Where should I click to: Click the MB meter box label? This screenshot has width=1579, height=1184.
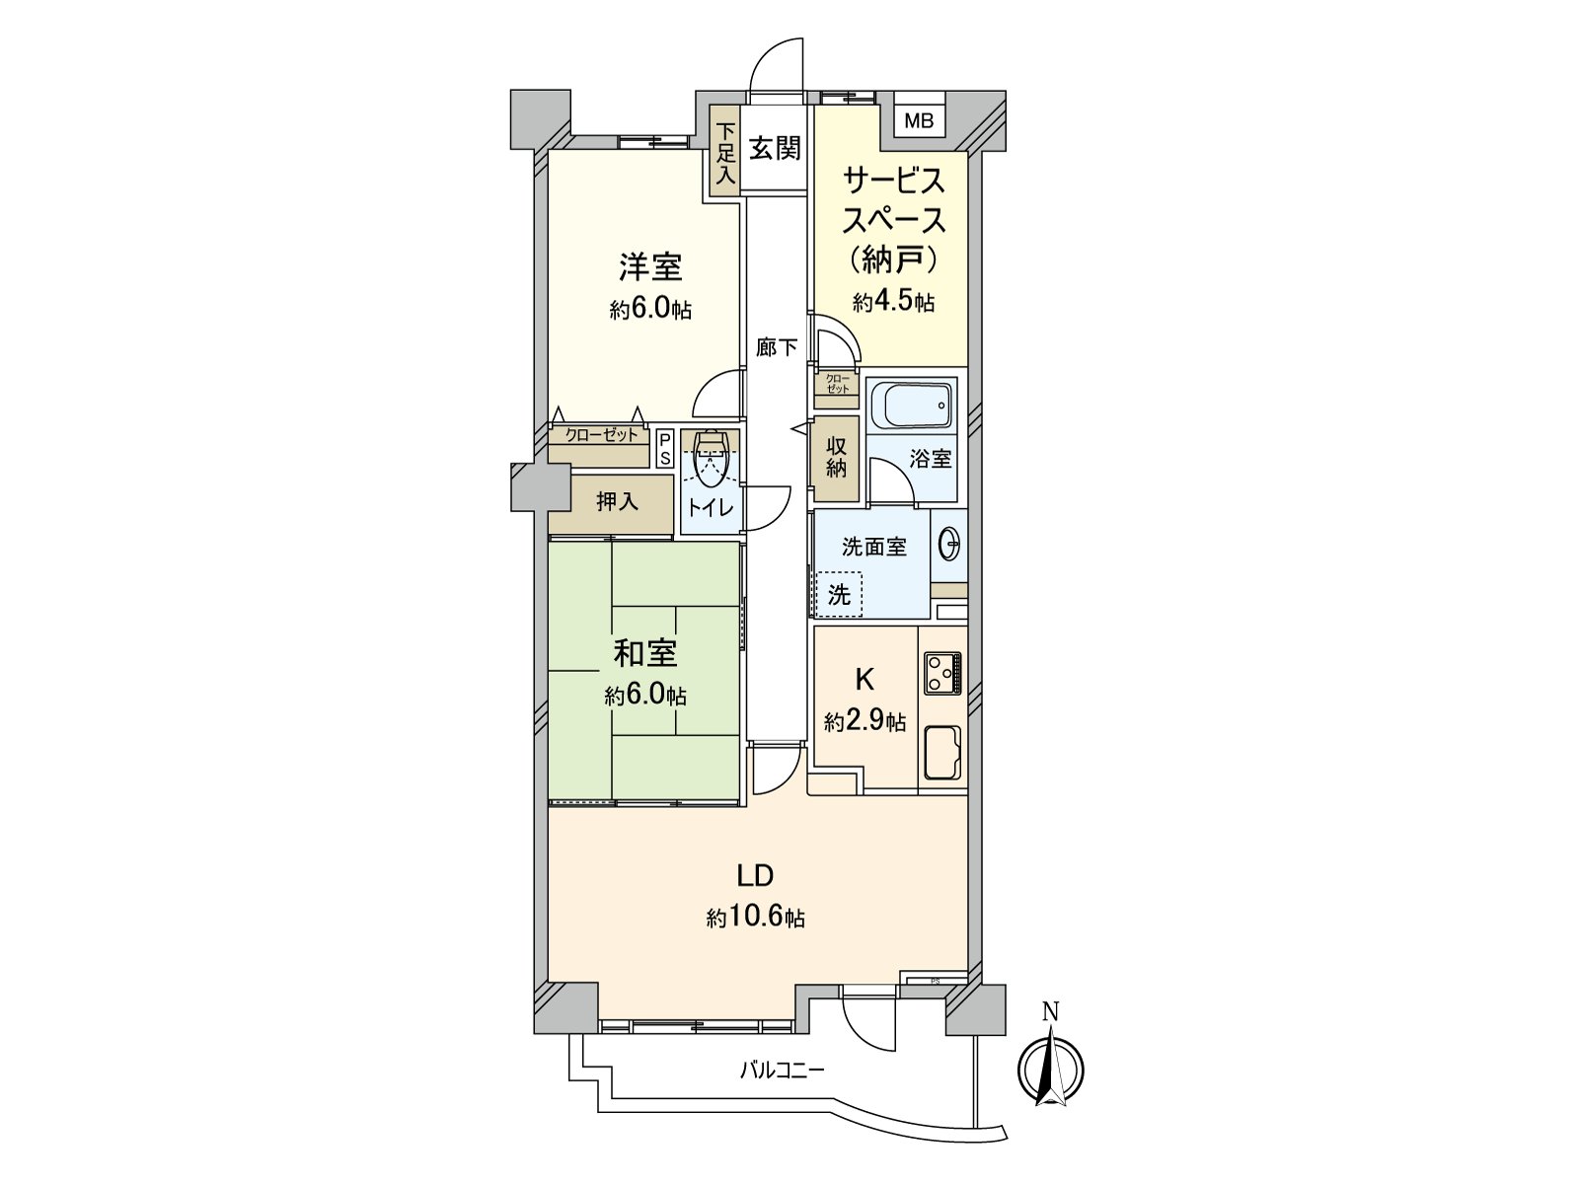tap(919, 121)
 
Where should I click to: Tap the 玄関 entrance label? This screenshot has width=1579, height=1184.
tap(774, 149)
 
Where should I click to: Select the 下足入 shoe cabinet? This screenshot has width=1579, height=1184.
tap(726, 154)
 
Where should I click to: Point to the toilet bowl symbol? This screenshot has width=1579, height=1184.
tap(711, 459)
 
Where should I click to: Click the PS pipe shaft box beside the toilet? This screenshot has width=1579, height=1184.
tap(665, 449)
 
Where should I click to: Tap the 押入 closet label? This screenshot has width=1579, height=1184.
tap(617, 502)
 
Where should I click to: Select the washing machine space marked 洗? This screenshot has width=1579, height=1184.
tap(839, 595)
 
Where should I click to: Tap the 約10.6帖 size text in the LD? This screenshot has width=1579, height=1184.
tap(755, 918)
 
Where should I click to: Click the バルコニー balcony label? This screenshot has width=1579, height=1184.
tap(782, 1070)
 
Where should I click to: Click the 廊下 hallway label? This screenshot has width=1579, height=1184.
tap(777, 347)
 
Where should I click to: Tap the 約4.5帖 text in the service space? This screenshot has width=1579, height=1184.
tap(893, 302)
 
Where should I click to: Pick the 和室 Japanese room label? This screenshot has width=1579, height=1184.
tap(645, 653)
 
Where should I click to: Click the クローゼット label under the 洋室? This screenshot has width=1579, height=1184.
tap(601, 435)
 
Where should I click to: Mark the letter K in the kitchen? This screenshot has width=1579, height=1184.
tap(864, 679)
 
